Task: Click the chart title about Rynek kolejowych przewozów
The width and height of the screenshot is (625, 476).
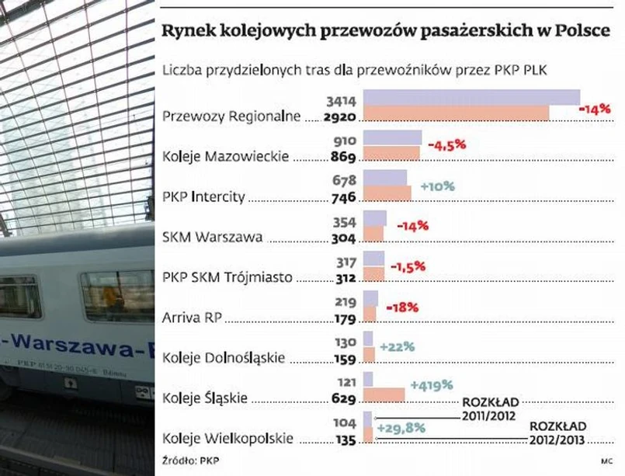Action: click(x=384, y=32)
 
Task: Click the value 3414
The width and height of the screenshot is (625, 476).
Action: click(x=342, y=102)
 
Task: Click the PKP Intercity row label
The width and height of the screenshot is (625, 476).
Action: click(x=204, y=197)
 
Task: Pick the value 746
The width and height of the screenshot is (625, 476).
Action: click(x=343, y=198)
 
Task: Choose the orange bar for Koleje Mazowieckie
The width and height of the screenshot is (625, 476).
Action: click(x=391, y=153)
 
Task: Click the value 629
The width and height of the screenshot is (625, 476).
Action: click(x=343, y=399)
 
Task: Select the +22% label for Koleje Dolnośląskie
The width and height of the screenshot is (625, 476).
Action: click(x=397, y=346)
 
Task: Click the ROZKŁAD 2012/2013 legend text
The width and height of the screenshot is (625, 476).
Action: click(x=557, y=433)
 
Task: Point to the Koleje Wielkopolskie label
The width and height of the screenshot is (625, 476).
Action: click(x=228, y=439)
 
